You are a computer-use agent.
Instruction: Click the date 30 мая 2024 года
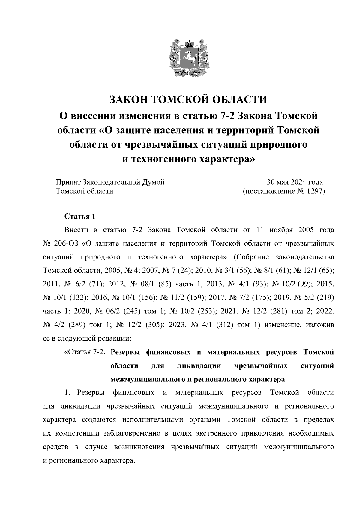[295, 182]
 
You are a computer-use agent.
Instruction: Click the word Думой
[154, 182]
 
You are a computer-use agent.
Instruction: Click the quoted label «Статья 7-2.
[85, 352]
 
